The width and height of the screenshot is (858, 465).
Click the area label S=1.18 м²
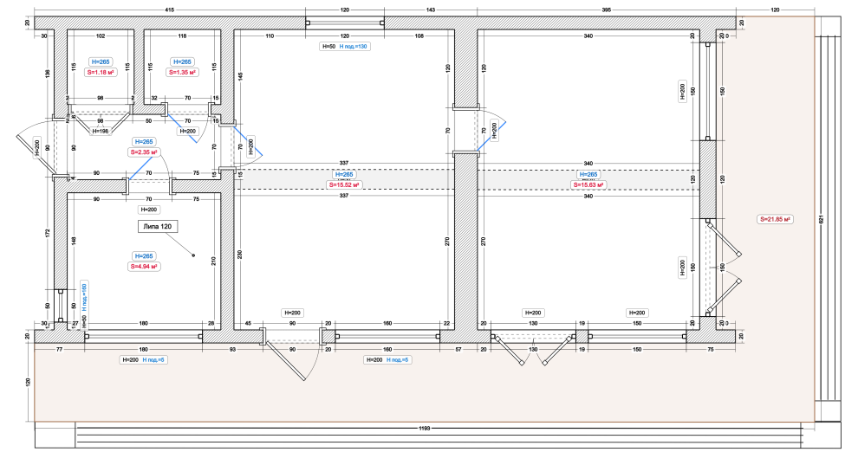(x=101, y=73)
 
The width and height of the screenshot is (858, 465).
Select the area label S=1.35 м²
(x=182, y=73)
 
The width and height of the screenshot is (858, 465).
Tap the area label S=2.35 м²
(x=143, y=152)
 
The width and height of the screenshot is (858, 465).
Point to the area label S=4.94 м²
(x=143, y=267)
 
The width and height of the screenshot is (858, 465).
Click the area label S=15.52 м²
(x=344, y=184)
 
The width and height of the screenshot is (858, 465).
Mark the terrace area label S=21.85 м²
(x=776, y=219)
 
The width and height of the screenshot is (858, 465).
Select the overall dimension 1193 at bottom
(x=424, y=429)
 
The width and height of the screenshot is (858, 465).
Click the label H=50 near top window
(x=328, y=46)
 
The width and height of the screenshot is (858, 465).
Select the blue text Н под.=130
(x=354, y=46)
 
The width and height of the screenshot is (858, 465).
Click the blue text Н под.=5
(x=399, y=359)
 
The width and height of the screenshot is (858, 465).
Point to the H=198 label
(x=101, y=131)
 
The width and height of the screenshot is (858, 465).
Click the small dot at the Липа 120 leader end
(x=193, y=255)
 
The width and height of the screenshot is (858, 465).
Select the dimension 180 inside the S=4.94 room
(x=144, y=325)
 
